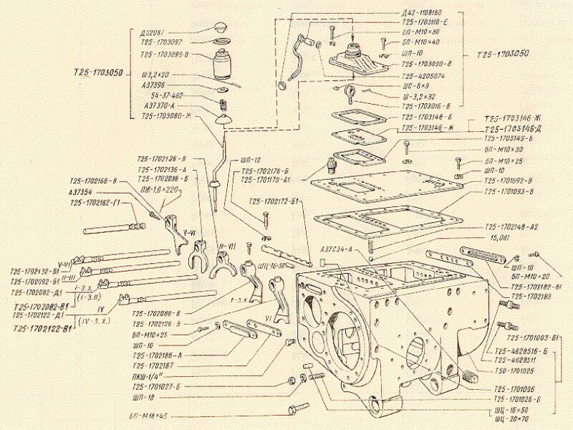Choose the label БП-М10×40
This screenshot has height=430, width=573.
[423, 43]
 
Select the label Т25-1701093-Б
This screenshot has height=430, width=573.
[510, 192]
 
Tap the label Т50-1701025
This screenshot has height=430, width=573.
[514, 371]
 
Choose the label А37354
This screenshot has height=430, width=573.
[85, 192]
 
